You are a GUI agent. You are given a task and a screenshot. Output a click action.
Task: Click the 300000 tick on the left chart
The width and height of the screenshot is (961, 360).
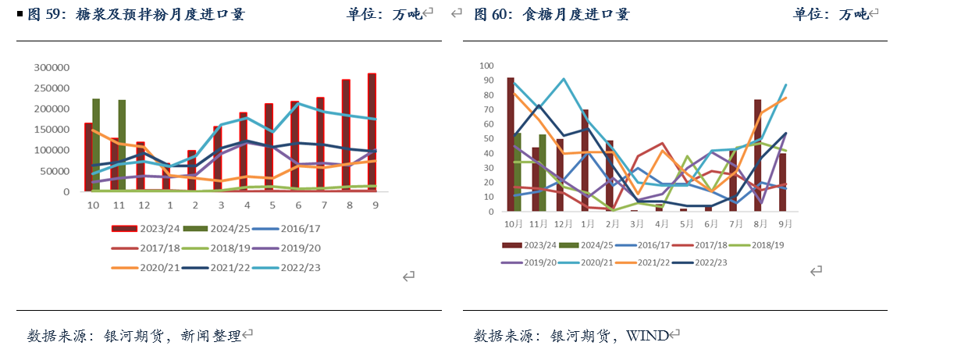(x=50, y=67)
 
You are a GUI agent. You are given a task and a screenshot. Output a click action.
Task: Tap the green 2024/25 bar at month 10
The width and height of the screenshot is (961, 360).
(x=96, y=144)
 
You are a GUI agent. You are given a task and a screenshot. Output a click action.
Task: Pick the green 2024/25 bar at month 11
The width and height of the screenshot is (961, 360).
(x=122, y=145)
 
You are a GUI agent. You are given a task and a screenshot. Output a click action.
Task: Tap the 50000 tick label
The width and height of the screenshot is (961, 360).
(x=54, y=171)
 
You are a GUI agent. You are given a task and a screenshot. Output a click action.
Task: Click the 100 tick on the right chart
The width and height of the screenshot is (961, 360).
(x=486, y=66)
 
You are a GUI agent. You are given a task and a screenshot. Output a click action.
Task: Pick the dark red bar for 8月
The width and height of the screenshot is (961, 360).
(x=757, y=155)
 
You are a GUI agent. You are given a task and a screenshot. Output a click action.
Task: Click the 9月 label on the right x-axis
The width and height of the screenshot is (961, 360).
(x=784, y=224)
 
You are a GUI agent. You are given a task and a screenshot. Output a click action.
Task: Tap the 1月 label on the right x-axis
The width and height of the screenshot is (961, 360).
(x=587, y=224)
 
